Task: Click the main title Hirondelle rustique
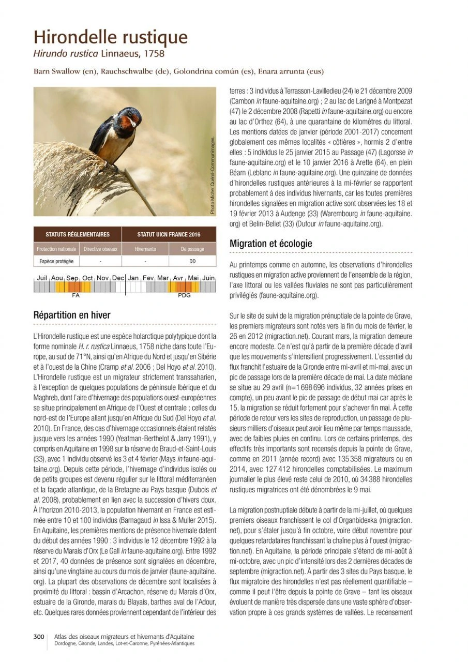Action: point(110,37)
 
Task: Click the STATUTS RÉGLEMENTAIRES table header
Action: point(78,234)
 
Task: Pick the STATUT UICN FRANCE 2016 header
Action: point(168,234)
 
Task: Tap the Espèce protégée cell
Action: point(57,261)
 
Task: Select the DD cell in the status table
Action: point(192,261)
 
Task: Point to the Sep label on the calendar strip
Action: point(72,278)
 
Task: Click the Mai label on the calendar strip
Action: point(193,278)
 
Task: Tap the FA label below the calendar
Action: point(76,295)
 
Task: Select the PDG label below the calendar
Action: point(185,295)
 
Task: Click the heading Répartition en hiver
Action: point(71,315)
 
